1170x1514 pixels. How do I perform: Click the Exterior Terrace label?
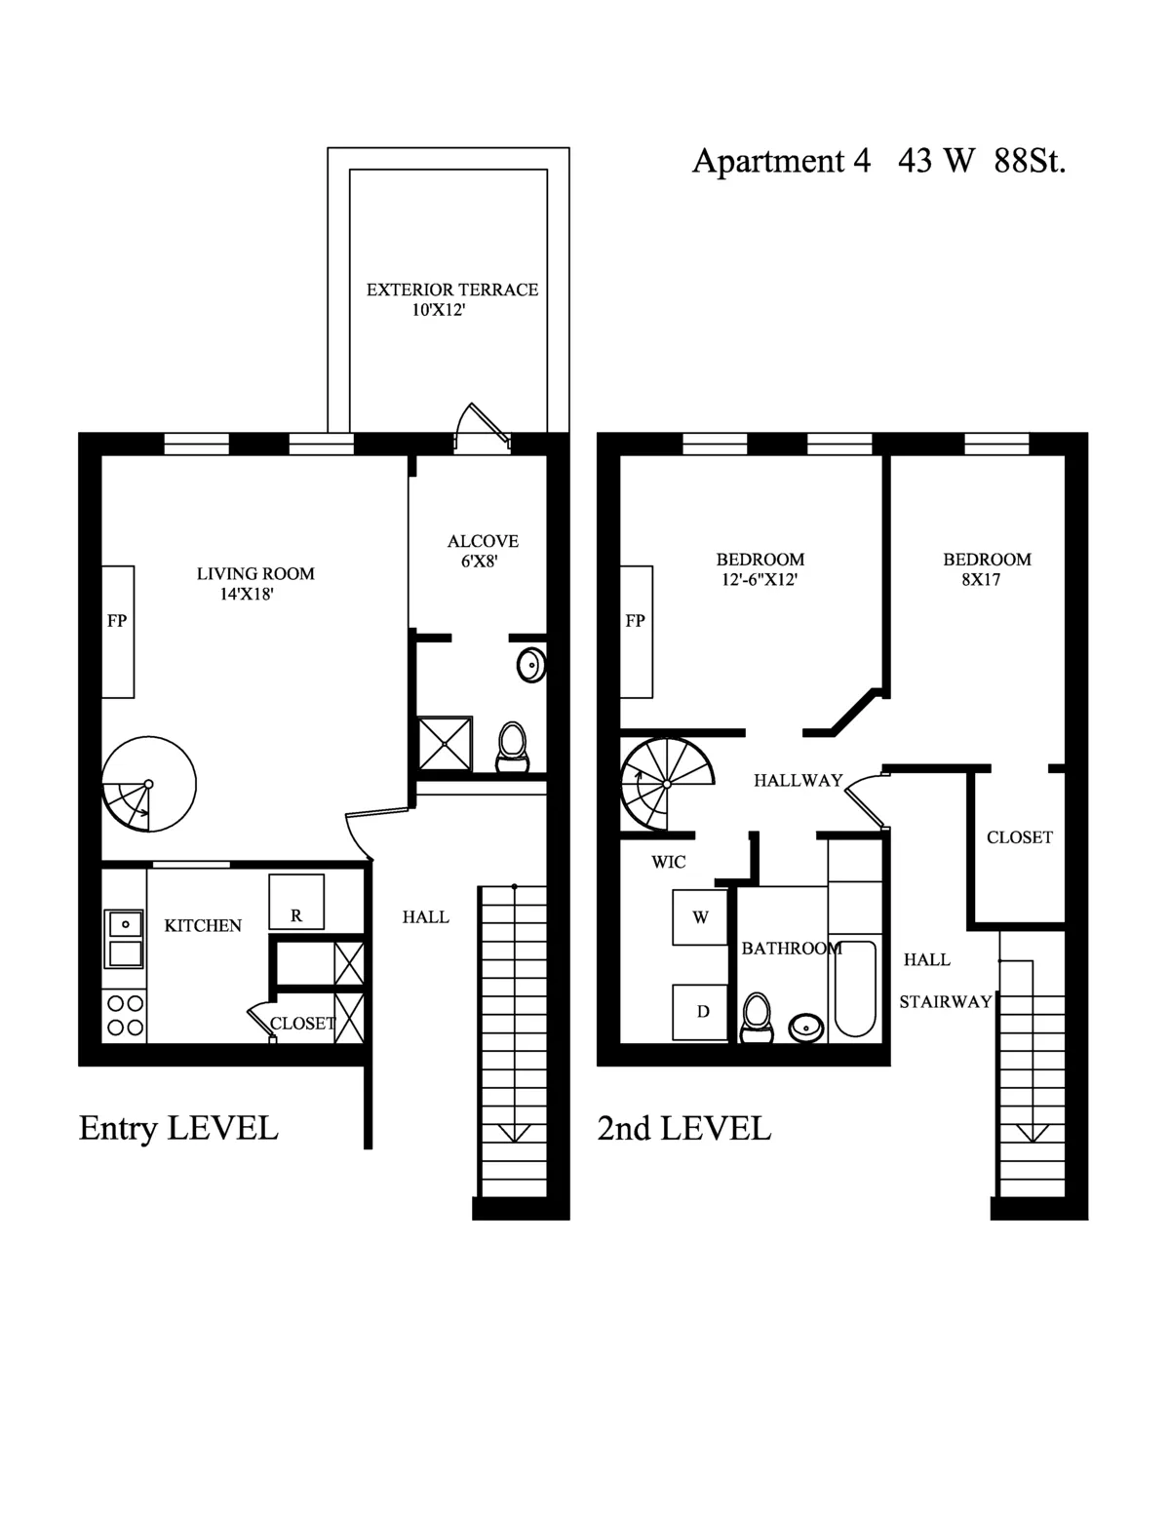[451, 290]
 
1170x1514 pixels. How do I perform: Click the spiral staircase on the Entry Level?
[148, 784]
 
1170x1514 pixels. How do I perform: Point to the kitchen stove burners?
[125, 1015]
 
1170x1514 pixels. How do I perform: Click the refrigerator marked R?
[296, 903]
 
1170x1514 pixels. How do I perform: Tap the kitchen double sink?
[125, 937]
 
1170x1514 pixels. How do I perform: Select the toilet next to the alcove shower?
[512, 747]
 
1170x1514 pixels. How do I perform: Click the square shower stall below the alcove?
[445, 745]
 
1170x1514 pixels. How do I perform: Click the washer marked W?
[700, 917]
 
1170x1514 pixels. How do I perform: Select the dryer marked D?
[701, 1012]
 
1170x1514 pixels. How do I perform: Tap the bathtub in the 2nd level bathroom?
[855, 989]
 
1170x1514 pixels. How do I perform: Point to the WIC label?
[669, 862]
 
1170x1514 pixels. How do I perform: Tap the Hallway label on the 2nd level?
[798, 780]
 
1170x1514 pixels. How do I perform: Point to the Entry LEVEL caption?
[178, 1128]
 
